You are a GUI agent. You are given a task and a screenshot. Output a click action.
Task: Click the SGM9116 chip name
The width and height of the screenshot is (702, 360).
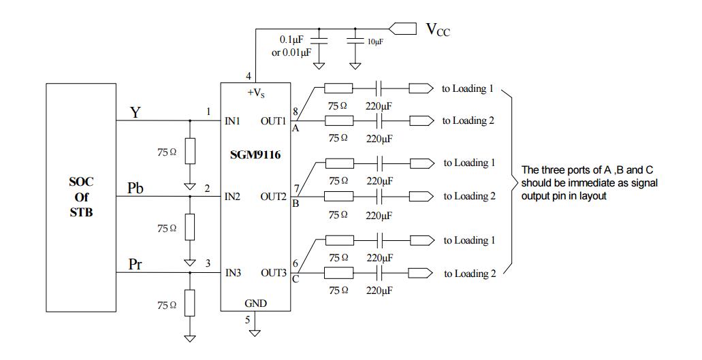pyautogui.click(x=255, y=155)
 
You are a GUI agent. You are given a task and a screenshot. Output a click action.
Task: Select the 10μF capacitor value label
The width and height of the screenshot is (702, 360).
pyautogui.click(x=375, y=42)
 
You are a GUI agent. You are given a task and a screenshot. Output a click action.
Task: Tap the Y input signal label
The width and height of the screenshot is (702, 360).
pyautogui.click(x=135, y=113)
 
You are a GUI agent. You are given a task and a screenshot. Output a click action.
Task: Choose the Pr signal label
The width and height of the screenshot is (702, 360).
pyautogui.click(x=136, y=264)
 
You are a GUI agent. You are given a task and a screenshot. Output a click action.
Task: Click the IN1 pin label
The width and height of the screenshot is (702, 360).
pyautogui.click(x=233, y=121)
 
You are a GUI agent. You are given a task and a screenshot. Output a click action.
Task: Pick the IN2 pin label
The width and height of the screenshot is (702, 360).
pyautogui.click(x=233, y=197)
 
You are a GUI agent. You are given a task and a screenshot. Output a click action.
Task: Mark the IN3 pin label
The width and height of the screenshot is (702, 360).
pyautogui.click(x=233, y=273)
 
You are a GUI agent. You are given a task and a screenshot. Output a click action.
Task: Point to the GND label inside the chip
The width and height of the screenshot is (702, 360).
pyautogui.click(x=255, y=304)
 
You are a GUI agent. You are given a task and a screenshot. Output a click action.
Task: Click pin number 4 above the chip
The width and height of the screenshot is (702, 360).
pyautogui.click(x=248, y=76)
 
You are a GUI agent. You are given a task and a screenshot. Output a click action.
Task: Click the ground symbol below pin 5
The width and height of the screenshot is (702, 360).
pyautogui.click(x=255, y=332)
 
